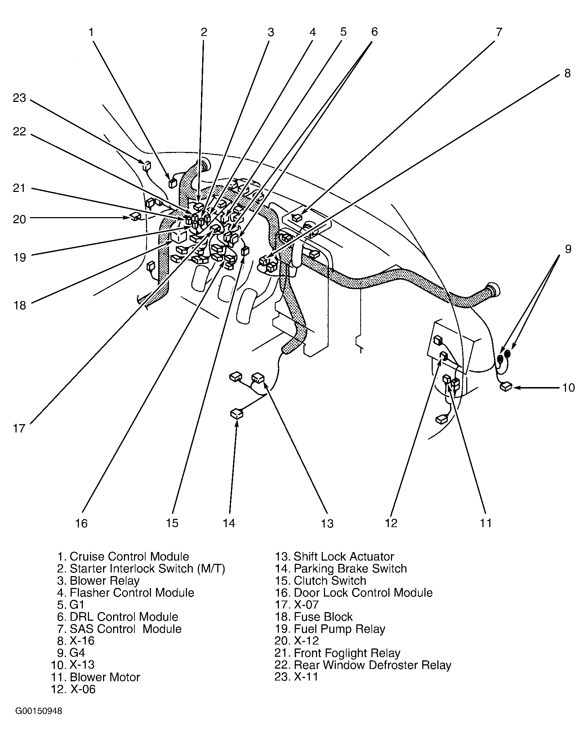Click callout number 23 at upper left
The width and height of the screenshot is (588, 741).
click(x=19, y=98)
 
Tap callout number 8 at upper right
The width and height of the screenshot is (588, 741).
click(x=567, y=73)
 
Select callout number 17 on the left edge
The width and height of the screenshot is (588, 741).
click(x=19, y=428)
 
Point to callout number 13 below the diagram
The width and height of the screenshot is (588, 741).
click(x=327, y=523)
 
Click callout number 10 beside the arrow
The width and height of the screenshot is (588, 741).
click(x=569, y=388)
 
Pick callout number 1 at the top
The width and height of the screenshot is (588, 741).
click(x=92, y=32)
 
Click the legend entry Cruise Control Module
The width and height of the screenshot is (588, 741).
click(x=123, y=557)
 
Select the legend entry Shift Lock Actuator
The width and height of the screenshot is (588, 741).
click(x=335, y=557)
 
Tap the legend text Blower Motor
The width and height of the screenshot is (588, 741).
click(x=95, y=677)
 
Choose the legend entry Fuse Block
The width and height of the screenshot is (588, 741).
click(x=314, y=617)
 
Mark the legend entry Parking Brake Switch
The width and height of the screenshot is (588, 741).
click(x=341, y=569)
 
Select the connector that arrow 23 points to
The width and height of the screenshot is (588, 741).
click(x=147, y=165)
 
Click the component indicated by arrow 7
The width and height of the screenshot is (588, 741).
click(x=297, y=217)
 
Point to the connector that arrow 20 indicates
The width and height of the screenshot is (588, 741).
click(x=135, y=216)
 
